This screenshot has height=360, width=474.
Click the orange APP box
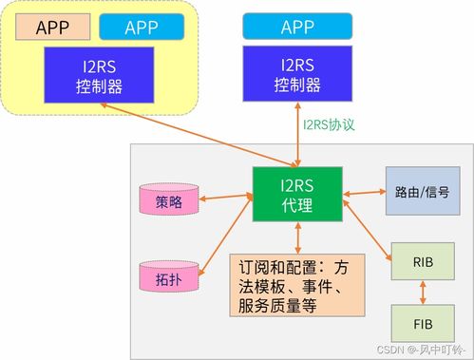click(x=52, y=26)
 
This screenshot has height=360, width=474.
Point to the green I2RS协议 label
click(x=328, y=124)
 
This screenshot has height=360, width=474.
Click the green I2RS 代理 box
click(x=298, y=195)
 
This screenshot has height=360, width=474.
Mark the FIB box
click(x=423, y=323)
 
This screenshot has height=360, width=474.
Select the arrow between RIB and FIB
click(x=423, y=292)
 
